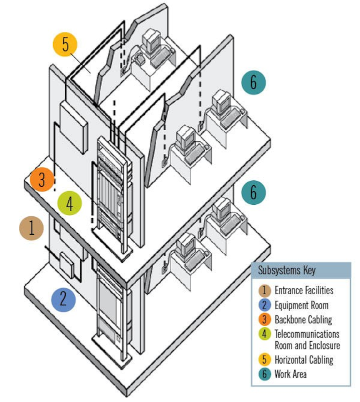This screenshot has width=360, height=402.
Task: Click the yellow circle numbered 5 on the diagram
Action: (65, 44)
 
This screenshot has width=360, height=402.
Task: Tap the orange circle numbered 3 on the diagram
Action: (42, 179)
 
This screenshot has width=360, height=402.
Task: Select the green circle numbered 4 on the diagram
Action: (69, 204)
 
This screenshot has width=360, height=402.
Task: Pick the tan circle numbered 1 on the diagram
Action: (31, 228)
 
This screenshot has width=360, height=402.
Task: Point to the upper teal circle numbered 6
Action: (253, 82)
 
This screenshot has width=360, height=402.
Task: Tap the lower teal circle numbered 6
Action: (253, 192)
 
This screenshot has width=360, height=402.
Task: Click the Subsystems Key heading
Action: (286, 271)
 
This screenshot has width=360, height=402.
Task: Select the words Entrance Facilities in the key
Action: (304, 291)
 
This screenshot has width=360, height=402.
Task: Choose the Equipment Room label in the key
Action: (301, 305)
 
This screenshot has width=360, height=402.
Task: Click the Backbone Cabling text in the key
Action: (303, 320)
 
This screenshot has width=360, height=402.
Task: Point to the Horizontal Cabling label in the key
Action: (304, 360)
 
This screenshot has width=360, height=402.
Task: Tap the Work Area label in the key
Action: (290, 374)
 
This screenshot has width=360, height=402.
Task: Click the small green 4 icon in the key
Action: (264, 334)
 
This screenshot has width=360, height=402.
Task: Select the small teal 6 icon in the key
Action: (264, 374)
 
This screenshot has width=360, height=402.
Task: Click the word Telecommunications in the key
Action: (307, 334)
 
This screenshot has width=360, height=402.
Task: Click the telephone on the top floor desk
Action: (139, 59)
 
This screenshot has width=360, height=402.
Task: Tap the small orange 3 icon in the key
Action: (264, 320)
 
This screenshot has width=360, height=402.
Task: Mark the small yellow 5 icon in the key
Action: (264, 360)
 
